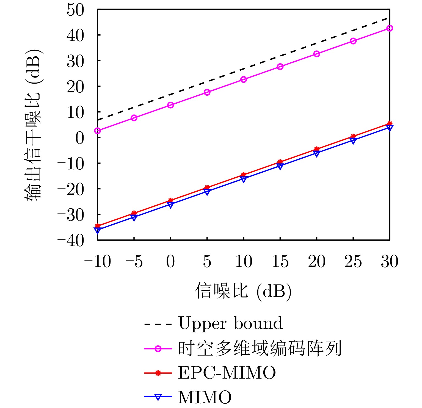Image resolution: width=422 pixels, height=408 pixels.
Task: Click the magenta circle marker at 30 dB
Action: click(390, 28)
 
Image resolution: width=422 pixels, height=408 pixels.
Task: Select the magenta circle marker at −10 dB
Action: click(98, 131)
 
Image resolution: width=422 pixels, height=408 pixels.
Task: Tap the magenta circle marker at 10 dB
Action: click(244, 79)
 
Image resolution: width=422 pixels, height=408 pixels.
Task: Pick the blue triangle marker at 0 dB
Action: click(170, 205)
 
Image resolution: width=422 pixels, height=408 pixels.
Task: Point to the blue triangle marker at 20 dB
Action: click(317, 154)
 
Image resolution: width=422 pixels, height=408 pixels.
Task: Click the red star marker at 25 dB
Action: click(353, 136)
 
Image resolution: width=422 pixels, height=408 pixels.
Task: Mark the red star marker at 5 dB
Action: click(207, 188)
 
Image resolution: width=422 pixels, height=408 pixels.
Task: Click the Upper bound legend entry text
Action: click(230, 323)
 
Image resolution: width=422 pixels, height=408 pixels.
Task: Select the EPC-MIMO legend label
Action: click(227, 373)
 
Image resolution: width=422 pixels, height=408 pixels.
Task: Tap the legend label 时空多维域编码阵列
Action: click(260, 348)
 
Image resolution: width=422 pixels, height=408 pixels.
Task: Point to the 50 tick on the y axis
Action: click(75, 10)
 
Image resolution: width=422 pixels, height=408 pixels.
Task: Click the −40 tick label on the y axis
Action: click(70, 241)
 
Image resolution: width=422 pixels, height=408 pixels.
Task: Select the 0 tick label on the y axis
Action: click(79, 138)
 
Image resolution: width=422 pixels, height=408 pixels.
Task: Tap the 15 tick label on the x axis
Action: click(280, 261)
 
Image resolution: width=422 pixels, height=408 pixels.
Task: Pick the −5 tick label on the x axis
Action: click(134, 261)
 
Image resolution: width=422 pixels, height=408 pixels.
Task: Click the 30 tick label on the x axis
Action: click(390, 261)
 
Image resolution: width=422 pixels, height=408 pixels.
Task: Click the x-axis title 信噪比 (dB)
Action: click(243, 291)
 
